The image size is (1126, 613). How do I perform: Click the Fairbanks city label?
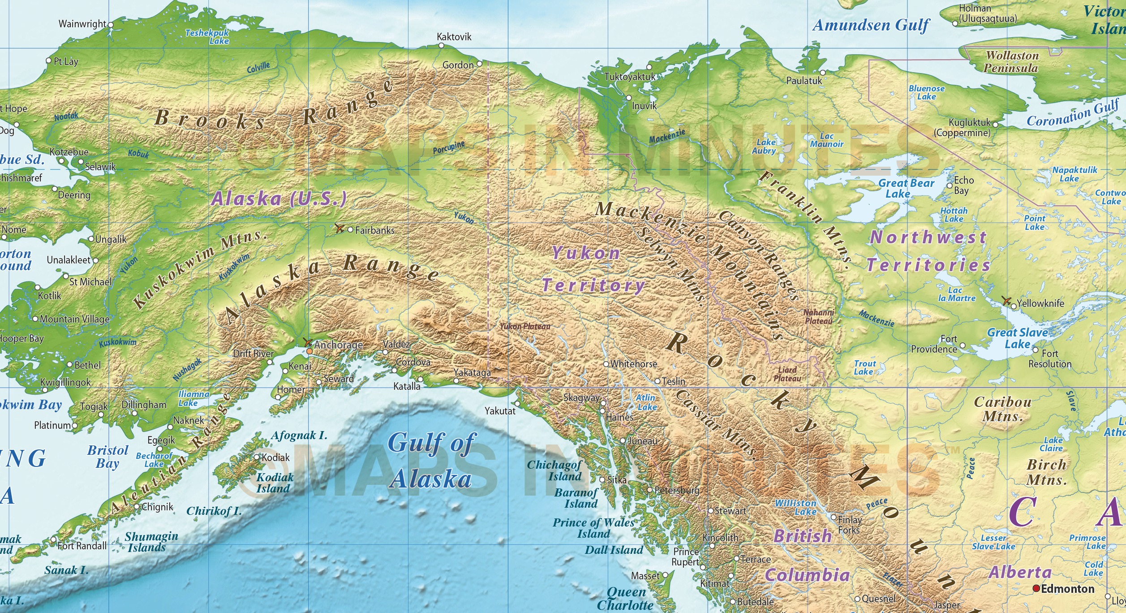point(374,230)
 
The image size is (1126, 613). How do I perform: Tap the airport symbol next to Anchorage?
point(307,343)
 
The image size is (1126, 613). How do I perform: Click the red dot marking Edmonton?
point(1036,588)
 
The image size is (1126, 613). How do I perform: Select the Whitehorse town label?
point(633,364)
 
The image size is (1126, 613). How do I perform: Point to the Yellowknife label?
point(1040,303)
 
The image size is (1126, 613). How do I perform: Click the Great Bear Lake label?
point(906,188)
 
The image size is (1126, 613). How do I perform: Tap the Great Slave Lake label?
point(1017,338)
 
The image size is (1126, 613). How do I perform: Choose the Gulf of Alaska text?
point(431,461)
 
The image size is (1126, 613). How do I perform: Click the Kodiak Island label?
point(275,483)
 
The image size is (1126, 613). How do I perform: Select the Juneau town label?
point(642,441)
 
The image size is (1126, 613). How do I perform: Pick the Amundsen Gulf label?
point(871,25)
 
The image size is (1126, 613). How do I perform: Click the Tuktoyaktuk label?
point(629,77)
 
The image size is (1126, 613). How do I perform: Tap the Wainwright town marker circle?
point(111,25)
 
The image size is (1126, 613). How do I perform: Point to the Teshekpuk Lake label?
point(207,37)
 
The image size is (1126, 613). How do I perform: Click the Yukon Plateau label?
point(524,327)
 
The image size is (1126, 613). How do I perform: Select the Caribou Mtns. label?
point(1003,409)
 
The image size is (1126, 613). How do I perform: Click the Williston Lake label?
point(796,507)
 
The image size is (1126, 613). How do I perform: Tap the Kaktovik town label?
point(454,37)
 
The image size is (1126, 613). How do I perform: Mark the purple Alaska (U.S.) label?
point(279,199)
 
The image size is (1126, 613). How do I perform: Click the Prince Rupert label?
point(685,557)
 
